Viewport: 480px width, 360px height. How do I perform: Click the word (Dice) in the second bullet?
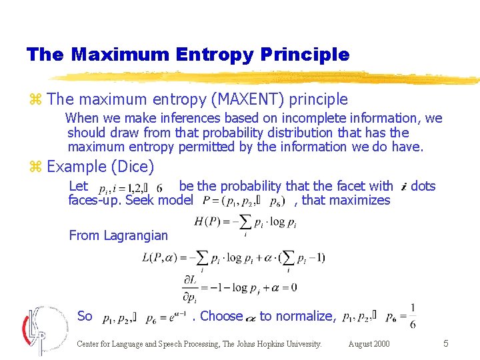point(133,167)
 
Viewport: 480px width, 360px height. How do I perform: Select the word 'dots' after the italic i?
point(423,186)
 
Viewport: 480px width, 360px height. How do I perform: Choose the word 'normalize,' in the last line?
point(307,316)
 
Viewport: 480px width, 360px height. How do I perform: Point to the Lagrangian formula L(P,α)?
point(233,257)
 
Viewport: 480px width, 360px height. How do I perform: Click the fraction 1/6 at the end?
point(413,316)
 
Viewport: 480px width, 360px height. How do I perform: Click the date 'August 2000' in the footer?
point(369,344)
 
